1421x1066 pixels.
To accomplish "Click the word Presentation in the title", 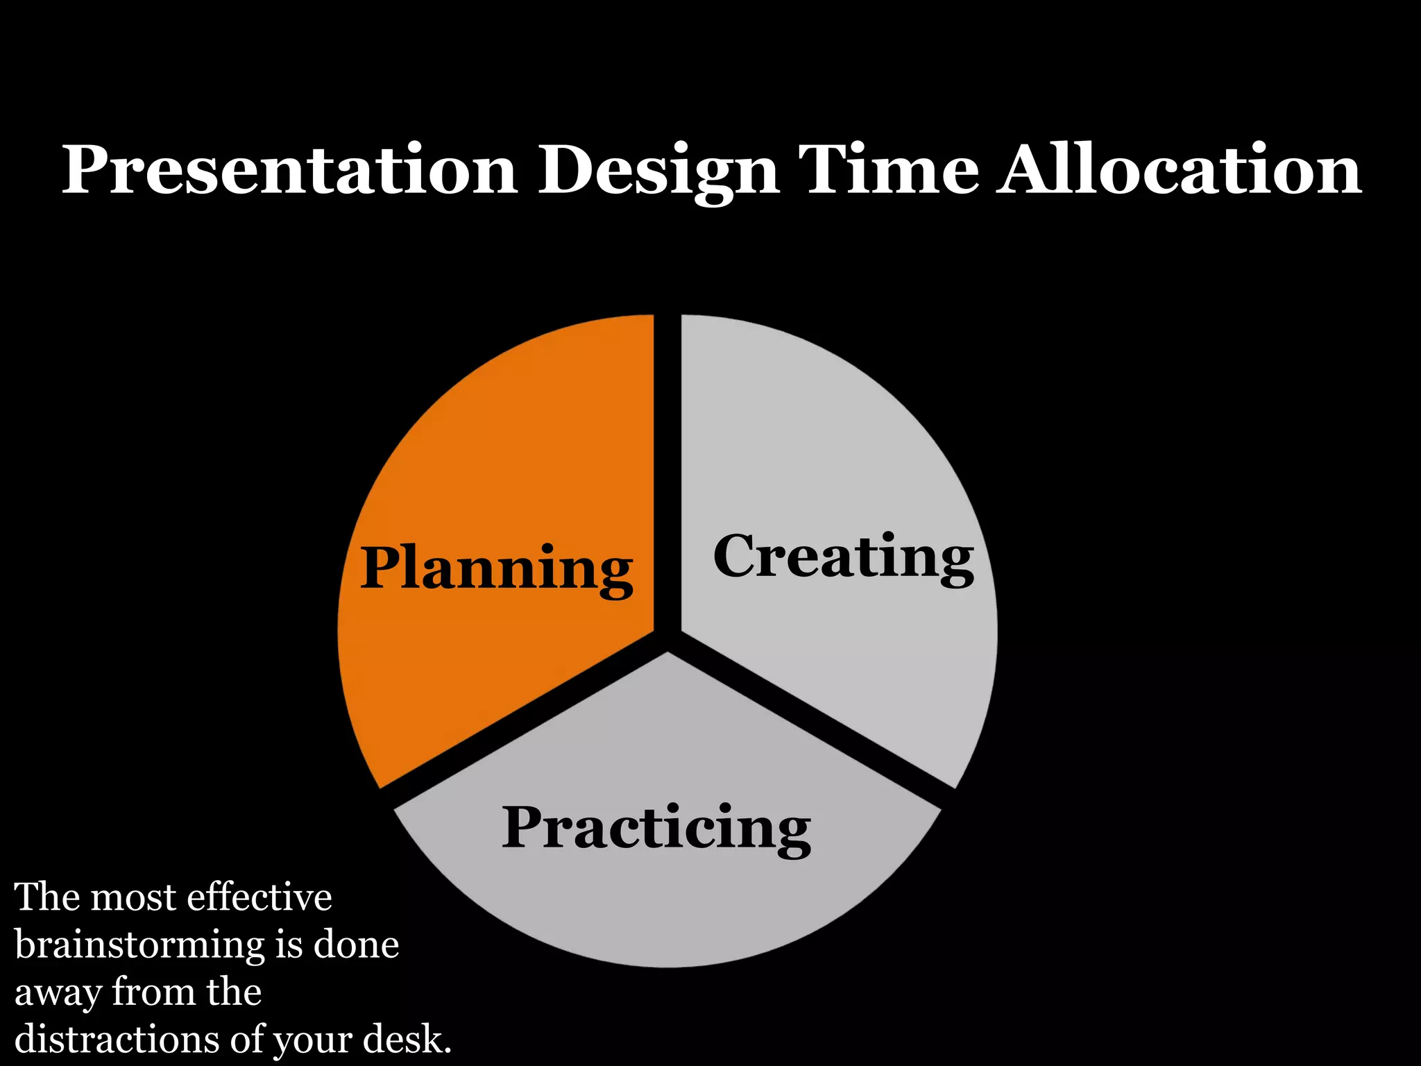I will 290,170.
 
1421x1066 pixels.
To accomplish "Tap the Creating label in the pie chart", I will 843,557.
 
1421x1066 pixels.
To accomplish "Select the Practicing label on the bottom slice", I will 656,828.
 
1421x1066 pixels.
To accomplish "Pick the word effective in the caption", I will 259,897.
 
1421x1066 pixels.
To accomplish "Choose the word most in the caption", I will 133,898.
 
